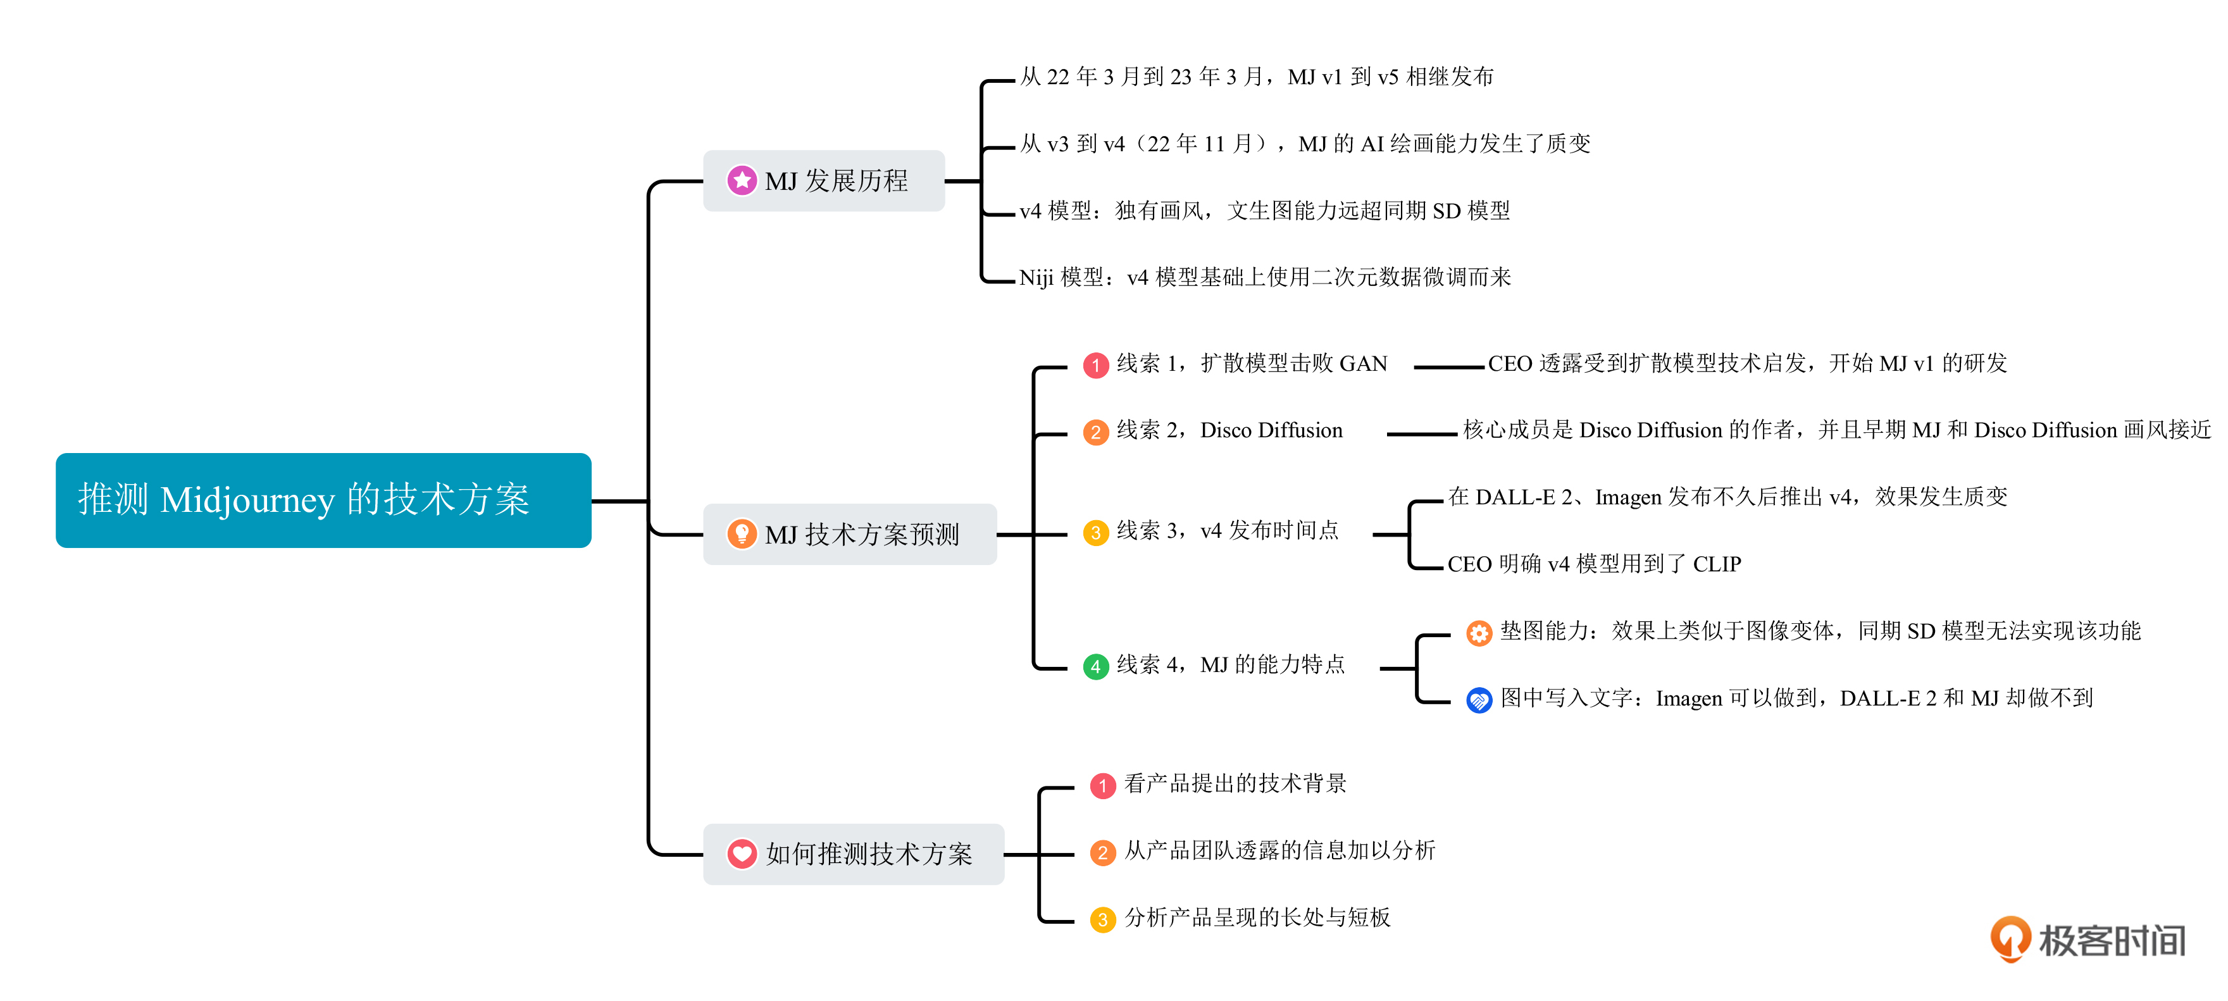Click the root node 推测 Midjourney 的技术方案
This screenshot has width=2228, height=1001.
click(x=323, y=500)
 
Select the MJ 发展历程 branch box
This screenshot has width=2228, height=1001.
click(x=823, y=181)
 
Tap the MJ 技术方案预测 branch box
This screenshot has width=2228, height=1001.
click(x=849, y=535)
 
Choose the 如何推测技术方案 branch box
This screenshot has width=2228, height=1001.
click(x=853, y=854)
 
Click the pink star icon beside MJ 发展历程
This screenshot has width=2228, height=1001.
click(x=741, y=181)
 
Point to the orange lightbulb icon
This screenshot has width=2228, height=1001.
click(x=741, y=534)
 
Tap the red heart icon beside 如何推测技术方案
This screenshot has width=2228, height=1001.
click(x=741, y=854)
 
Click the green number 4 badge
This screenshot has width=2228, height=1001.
click(x=1096, y=666)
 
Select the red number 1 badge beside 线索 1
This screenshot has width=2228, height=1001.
click(x=1096, y=365)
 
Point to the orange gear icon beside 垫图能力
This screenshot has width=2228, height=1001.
click(x=1479, y=633)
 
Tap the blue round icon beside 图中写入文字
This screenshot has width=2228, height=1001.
click(x=1479, y=699)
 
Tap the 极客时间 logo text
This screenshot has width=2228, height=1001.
click(x=2112, y=940)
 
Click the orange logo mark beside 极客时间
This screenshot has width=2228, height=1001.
click(x=2011, y=939)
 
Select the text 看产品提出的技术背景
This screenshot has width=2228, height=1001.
click(x=1235, y=784)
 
